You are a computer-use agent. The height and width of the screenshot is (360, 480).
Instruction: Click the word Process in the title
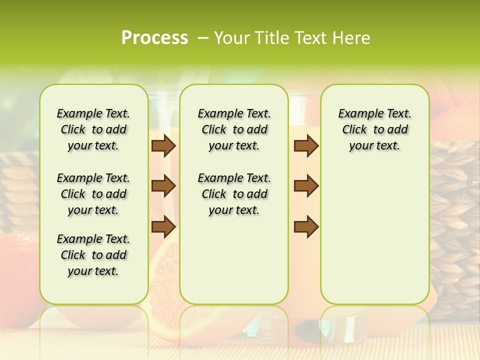click(154, 38)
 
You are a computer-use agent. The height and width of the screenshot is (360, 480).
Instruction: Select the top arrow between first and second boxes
click(163, 146)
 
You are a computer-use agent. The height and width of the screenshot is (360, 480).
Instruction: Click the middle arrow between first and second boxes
click(163, 186)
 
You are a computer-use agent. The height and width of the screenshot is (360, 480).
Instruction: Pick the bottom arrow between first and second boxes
click(163, 226)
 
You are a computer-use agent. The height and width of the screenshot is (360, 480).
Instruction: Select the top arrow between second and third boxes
click(306, 146)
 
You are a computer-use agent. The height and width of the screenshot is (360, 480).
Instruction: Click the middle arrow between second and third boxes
click(306, 186)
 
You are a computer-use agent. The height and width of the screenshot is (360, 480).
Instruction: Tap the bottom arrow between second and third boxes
click(306, 226)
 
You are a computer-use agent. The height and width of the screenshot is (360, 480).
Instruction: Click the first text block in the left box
click(93, 129)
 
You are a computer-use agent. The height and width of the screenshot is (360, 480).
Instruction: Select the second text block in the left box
click(93, 194)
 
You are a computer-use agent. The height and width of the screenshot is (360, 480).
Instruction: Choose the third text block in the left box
click(93, 255)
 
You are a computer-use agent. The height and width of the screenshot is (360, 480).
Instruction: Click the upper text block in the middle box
click(234, 129)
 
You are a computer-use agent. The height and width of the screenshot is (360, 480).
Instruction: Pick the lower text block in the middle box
click(234, 194)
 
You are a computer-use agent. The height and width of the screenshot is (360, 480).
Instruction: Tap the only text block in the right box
click(374, 129)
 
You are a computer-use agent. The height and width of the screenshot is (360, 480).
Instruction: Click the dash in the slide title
click(203, 38)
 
